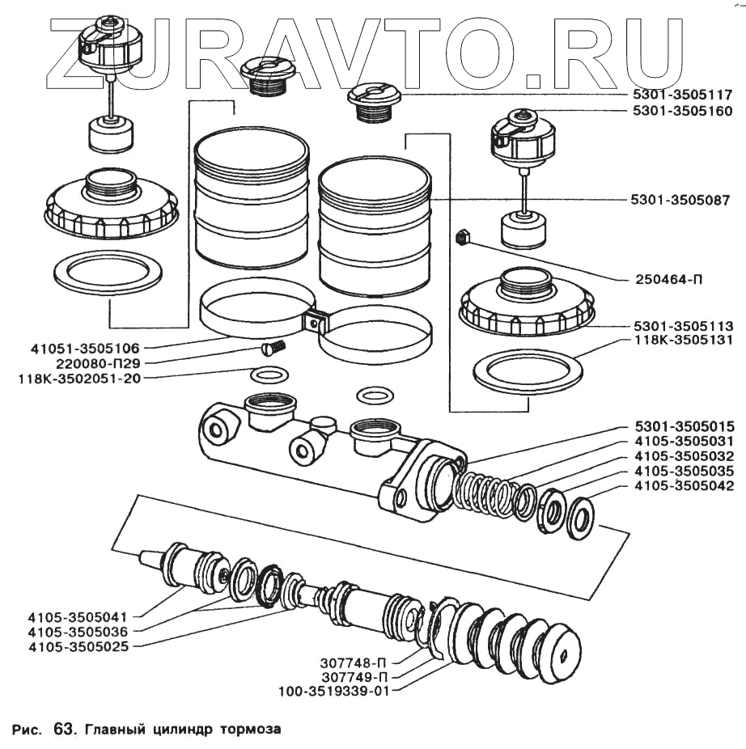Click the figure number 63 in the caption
[63, 729]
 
